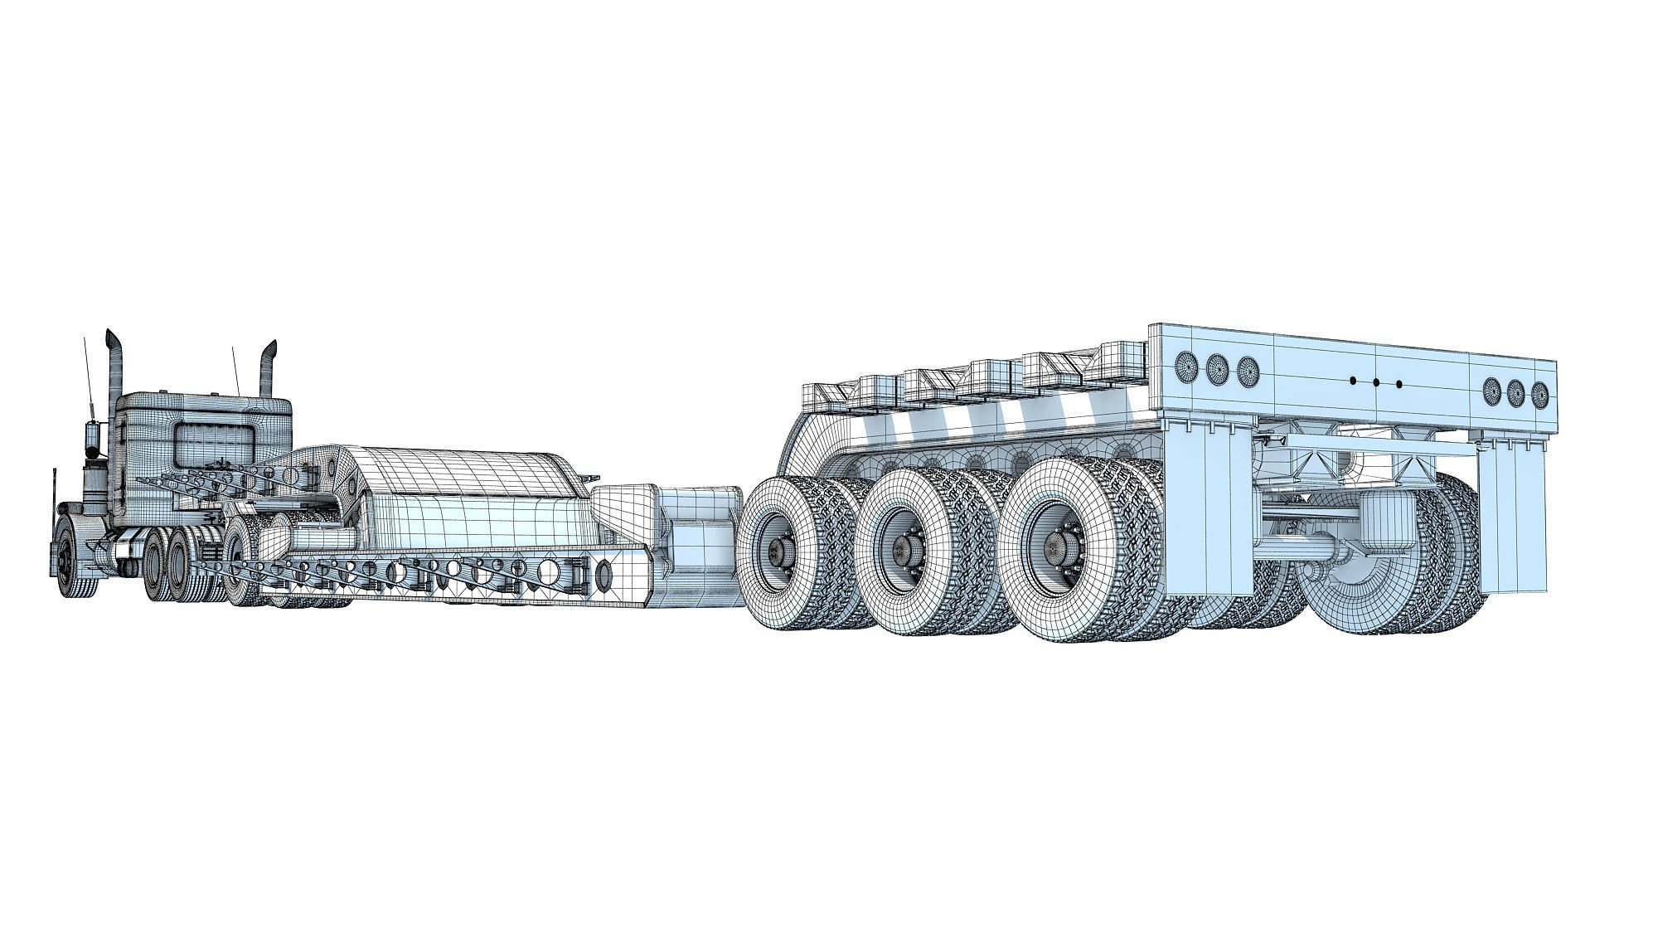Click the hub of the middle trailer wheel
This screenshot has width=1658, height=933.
pos(904,548)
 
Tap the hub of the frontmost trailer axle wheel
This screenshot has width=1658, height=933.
pos(779,548)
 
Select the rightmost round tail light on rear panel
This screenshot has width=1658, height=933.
pos(1539,392)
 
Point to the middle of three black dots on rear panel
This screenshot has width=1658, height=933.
pos(1376,382)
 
